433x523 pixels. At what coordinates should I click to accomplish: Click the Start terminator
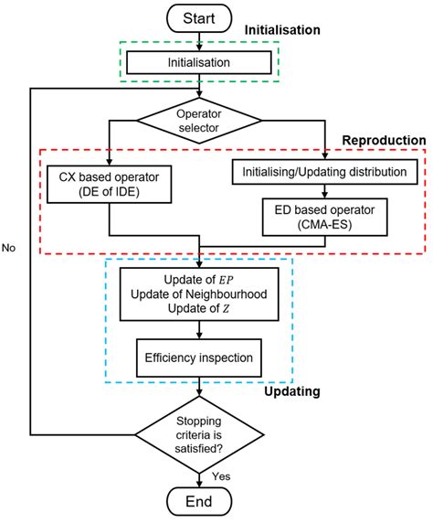pos(199,17)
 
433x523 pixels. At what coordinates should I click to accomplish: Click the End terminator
pos(199,502)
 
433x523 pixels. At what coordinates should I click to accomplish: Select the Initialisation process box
pos(199,63)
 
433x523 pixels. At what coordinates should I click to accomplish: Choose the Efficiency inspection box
pos(199,358)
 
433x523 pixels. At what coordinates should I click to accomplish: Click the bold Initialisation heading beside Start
pos(283,30)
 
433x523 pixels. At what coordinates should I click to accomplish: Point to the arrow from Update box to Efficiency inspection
pos(199,331)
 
